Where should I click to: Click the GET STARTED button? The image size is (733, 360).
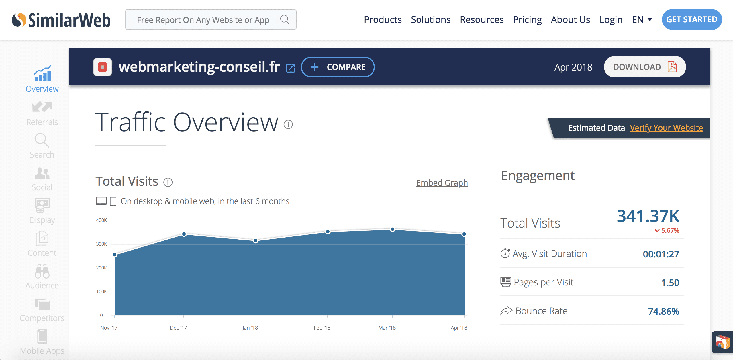692,19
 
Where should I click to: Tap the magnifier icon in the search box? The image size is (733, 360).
285,19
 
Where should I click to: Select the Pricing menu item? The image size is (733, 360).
527,20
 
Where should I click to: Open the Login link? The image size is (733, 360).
611,20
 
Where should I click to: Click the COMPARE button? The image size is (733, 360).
338,67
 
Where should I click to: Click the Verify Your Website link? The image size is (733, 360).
667,128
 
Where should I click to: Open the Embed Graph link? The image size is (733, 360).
442,183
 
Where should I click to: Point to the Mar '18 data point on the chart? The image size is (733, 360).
393,229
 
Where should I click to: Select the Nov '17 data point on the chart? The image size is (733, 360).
115,255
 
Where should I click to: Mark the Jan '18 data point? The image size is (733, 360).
256,241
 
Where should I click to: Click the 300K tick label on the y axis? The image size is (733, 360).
101,244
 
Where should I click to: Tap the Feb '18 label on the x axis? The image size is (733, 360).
322,328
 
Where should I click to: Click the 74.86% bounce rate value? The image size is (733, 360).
664,311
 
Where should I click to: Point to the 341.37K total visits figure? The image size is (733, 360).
648,216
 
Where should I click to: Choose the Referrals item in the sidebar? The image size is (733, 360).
42,114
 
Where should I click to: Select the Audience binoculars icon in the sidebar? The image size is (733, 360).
42,271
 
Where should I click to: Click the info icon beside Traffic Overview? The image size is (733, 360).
288,124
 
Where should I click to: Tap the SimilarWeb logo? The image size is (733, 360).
61,20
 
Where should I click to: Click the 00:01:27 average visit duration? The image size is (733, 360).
661,254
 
